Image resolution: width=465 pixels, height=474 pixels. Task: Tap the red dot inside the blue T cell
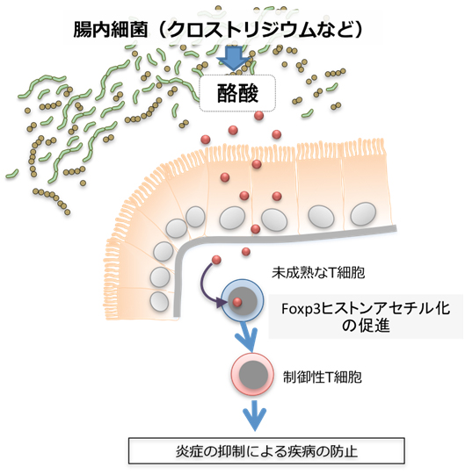(x=237, y=303)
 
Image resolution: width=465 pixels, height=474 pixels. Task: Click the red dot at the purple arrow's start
(x=217, y=259)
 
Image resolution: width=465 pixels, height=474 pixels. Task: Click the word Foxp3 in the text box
(x=300, y=308)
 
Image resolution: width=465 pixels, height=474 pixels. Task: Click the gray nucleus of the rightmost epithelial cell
(x=362, y=213)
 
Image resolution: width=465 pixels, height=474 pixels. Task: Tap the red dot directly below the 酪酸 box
(x=258, y=116)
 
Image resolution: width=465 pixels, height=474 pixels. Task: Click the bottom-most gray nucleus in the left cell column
(x=159, y=301)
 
